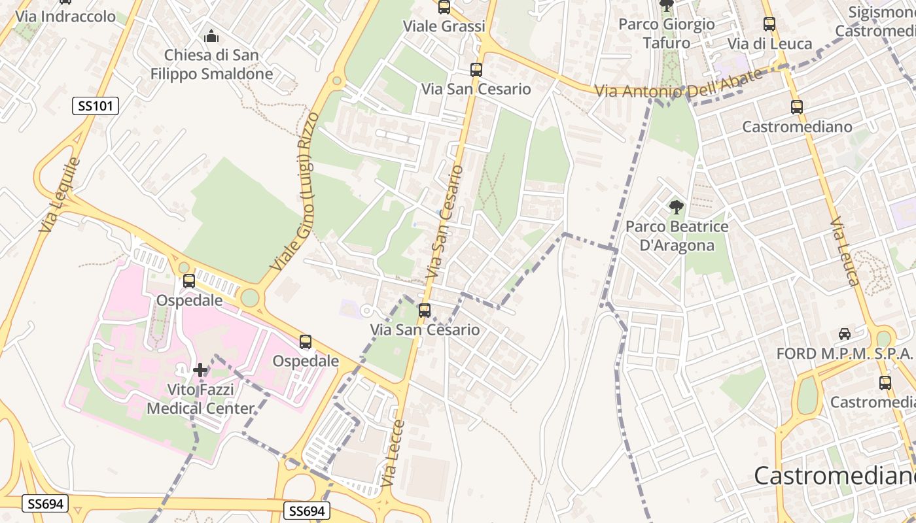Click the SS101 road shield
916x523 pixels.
[96, 105]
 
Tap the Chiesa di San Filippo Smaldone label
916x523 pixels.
[211, 64]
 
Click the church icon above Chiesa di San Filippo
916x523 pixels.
[211, 35]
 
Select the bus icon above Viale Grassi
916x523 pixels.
[444, 7]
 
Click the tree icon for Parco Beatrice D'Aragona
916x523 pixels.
[677, 208]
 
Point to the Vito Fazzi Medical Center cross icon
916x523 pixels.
[200, 370]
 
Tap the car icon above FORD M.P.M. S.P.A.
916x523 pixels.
[845, 333]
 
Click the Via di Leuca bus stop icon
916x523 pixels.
[769, 24]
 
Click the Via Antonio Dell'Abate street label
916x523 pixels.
[678, 84]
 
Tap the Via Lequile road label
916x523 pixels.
[60, 194]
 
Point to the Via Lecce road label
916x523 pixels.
[391, 452]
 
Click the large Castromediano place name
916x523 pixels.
[834, 475]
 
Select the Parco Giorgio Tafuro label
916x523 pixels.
[666, 33]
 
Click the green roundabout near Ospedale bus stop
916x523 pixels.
[249, 298]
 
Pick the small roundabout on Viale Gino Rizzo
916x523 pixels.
[337, 81]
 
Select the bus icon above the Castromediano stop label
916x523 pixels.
[796, 107]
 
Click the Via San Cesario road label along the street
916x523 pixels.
[444, 222]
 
